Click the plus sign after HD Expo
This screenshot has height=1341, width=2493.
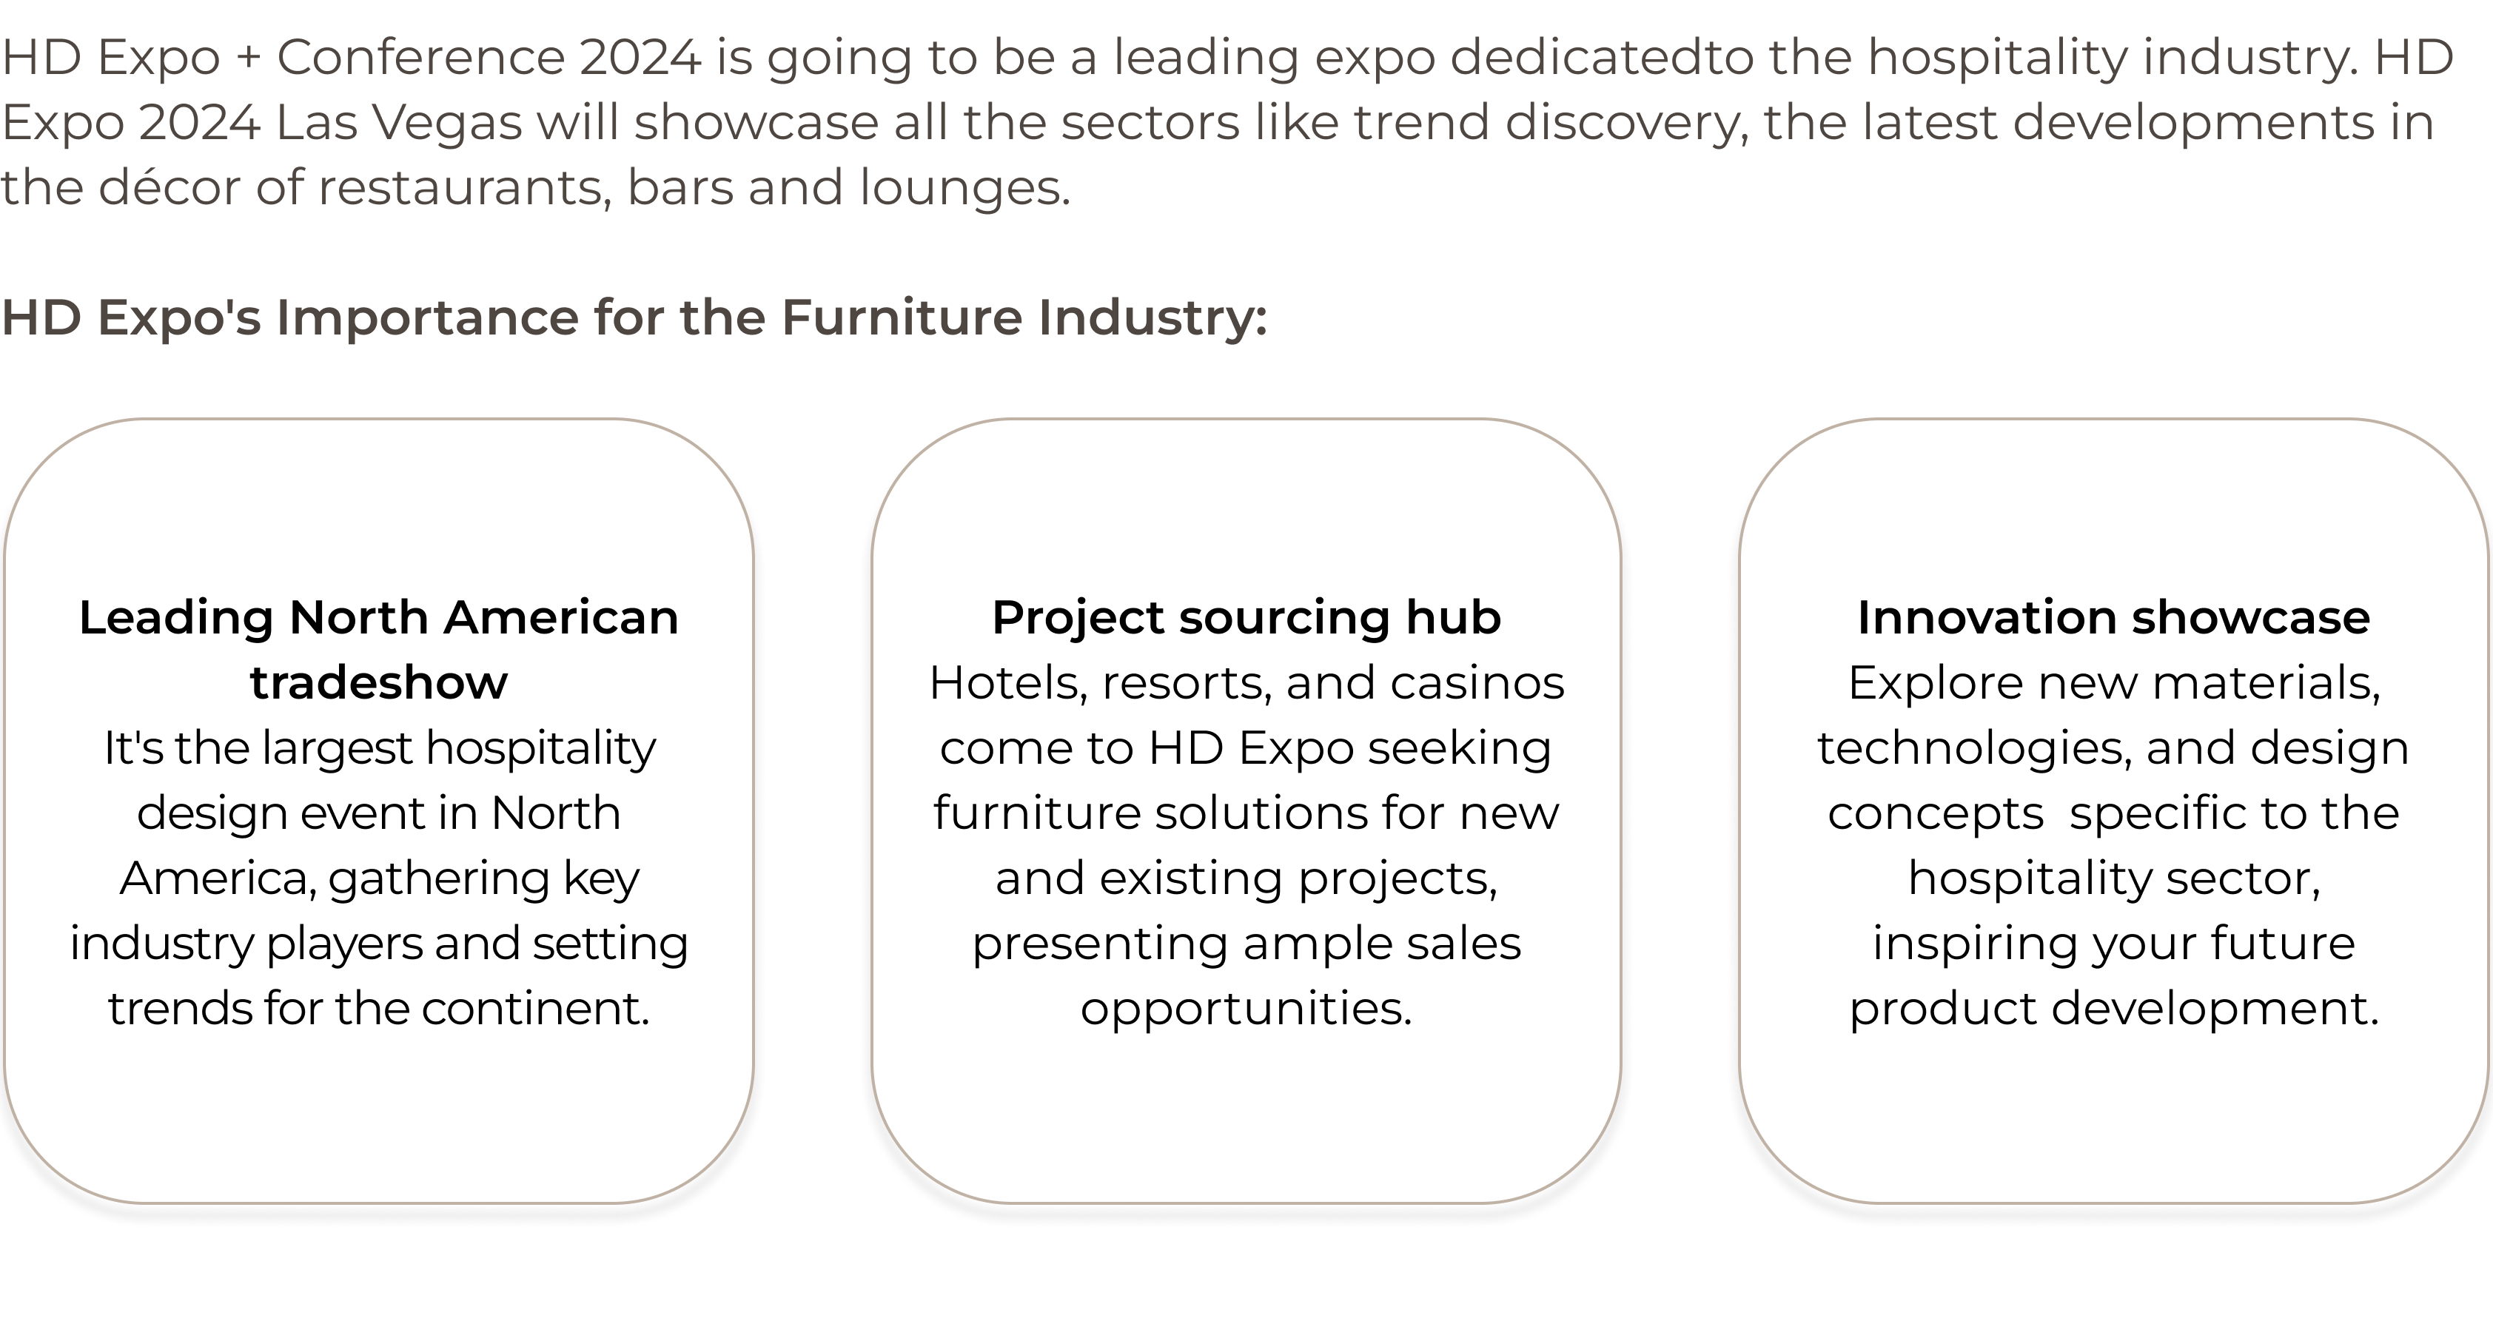(249, 58)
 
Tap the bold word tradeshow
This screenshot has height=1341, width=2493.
(378, 682)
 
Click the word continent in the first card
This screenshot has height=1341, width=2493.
(535, 1008)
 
